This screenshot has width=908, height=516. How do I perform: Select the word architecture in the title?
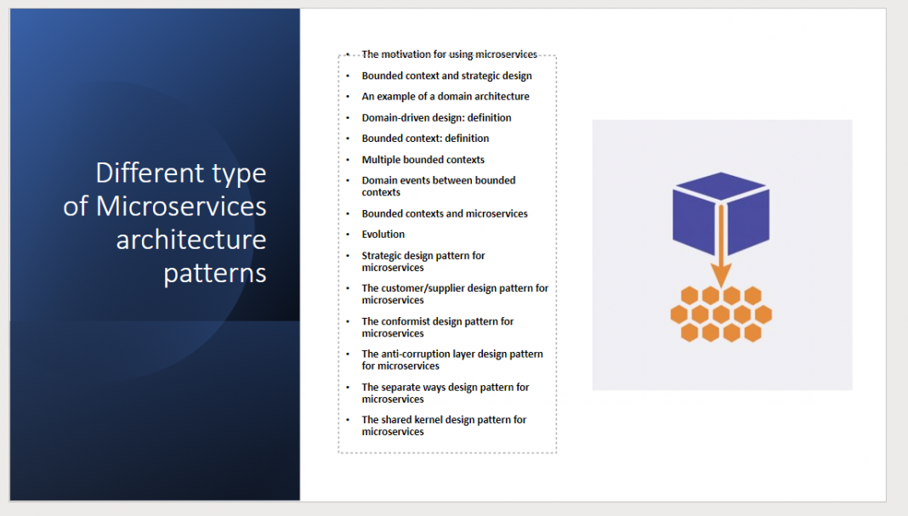click(191, 240)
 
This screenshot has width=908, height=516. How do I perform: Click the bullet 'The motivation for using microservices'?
click(449, 54)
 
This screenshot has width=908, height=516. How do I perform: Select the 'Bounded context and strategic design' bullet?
click(446, 76)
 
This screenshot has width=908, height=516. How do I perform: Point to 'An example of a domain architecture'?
click(445, 96)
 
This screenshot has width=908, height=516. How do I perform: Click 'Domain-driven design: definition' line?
click(436, 117)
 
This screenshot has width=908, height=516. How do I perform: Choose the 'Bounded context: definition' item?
click(425, 138)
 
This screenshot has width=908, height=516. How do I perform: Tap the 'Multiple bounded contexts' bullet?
click(423, 159)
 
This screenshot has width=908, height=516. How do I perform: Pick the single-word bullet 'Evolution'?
click(383, 234)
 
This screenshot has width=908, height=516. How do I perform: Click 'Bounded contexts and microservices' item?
click(445, 213)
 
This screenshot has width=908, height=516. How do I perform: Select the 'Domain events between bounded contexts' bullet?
click(438, 186)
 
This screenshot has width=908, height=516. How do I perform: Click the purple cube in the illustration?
click(721, 209)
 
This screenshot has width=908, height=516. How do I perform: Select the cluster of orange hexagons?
click(721, 314)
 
